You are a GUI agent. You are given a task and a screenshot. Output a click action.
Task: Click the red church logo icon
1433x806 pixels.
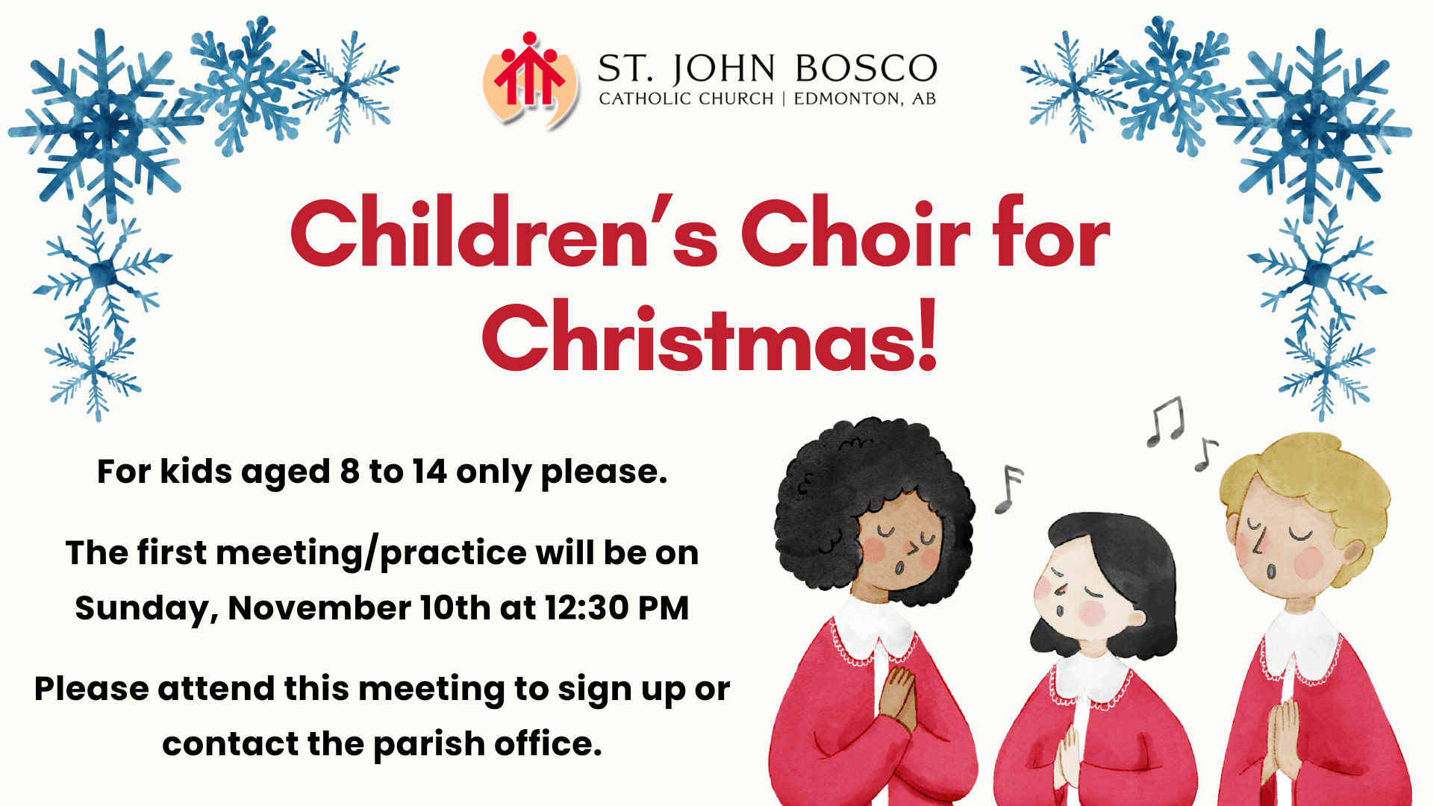tap(530, 78)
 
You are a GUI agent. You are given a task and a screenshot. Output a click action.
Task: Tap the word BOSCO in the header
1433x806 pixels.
tap(866, 69)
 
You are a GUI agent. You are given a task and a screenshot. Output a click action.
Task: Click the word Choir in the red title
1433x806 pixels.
tap(855, 233)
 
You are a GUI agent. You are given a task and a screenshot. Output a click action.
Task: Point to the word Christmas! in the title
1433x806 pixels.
tap(710, 337)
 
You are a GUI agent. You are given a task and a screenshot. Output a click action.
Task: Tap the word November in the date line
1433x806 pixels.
tap(319, 608)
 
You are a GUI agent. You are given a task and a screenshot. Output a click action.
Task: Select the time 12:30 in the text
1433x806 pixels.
tap(587, 608)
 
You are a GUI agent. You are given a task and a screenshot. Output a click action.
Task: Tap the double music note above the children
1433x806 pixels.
tap(1166, 422)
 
